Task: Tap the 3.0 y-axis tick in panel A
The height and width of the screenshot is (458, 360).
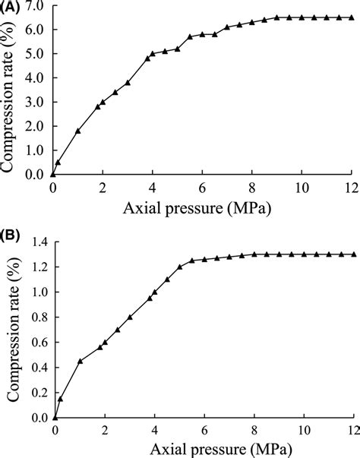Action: click(35, 102)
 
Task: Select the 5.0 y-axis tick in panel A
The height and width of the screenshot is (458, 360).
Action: click(35, 53)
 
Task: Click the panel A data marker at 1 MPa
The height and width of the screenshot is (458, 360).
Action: click(78, 131)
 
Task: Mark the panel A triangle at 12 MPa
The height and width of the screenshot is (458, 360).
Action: click(352, 17)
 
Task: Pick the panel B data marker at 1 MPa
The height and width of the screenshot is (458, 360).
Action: click(80, 361)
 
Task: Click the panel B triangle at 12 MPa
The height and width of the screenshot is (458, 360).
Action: click(354, 254)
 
